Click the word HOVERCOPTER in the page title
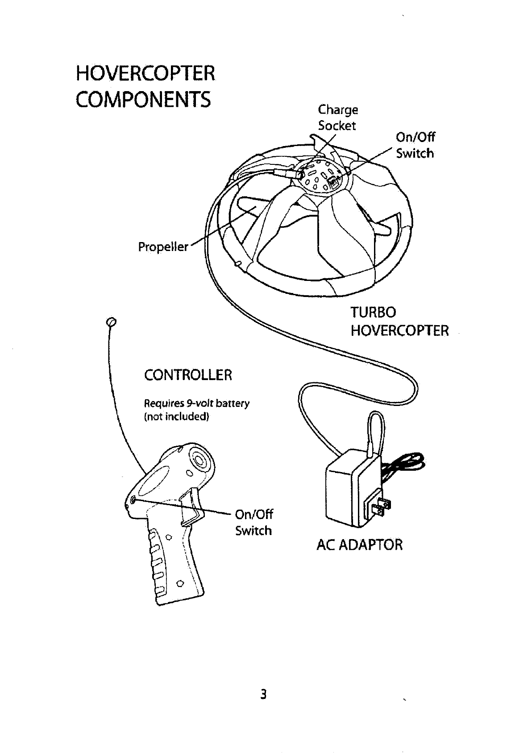(x=145, y=73)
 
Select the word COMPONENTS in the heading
(x=143, y=100)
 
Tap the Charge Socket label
(x=337, y=117)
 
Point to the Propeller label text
(x=163, y=247)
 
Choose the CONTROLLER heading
(x=188, y=374)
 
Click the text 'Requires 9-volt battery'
(x=196, y=403)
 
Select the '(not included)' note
(x=176, y=417)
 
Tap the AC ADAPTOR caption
(x=359, y=544)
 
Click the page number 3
(x=264, y=694)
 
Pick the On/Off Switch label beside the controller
(x=254, y=522)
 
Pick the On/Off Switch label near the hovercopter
(x=415, y=145)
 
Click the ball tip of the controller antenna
(x=112, y=322)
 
